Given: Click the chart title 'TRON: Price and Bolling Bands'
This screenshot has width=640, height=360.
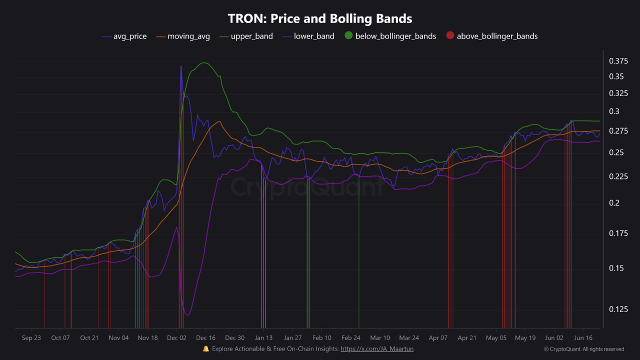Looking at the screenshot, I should [x=320, y=19].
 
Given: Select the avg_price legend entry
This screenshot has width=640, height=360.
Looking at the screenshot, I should [x=129, y=36].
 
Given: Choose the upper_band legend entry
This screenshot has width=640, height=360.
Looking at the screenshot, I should [x=251, y=36].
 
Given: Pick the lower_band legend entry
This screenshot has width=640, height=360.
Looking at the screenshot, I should [x=314, y=36].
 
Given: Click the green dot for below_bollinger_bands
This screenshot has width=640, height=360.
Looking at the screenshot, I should [x=348, y=35].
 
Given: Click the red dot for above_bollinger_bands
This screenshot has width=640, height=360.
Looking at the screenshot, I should [x=450, y=35].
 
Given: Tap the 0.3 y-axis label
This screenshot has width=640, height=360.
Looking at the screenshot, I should [x=614, y=111].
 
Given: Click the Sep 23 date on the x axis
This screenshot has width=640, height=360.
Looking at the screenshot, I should [x=31, y=338].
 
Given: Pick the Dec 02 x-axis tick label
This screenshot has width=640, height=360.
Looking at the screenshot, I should [x=177, y=338].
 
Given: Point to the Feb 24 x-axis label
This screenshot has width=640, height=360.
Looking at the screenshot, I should [x=351, y=338].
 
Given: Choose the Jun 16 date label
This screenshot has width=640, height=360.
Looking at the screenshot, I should [x=583, y=338].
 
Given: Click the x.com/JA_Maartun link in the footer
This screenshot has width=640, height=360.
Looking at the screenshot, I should [x=377, y=349].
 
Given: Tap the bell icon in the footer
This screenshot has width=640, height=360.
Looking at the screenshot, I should [x=205, y=348].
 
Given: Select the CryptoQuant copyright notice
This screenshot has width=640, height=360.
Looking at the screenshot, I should [x=583, y=349].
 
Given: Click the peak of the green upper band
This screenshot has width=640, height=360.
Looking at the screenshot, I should [x=203, y=63].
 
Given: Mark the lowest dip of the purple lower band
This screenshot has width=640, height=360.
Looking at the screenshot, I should [x=187, y=315].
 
